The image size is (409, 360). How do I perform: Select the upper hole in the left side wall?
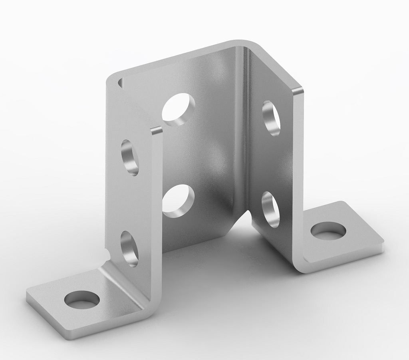tap(130, 157)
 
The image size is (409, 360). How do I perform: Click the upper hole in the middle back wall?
tap(178, 109)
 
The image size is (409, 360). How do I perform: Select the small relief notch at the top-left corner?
tap(119, 82)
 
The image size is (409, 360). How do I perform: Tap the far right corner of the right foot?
tap(384, 242)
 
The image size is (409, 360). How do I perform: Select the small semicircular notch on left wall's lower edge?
tap(107, 254)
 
